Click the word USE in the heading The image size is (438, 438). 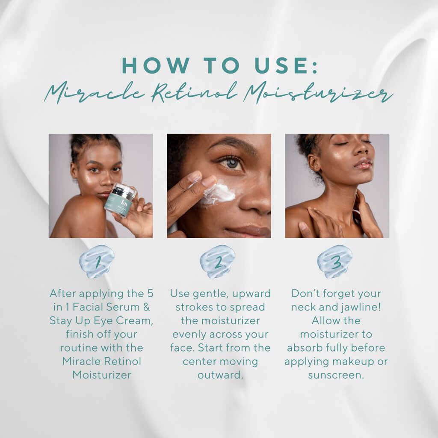[x=284, y=65]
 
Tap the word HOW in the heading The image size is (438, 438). [x=149, y=65]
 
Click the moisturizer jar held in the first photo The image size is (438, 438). [x=119, y=201]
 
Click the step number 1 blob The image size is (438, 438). [x=97, y=261]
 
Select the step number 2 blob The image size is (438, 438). [x=218, y=261]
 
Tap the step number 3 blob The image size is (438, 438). [x=335, y=261]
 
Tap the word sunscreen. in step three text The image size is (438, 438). [x=336, y=375]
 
